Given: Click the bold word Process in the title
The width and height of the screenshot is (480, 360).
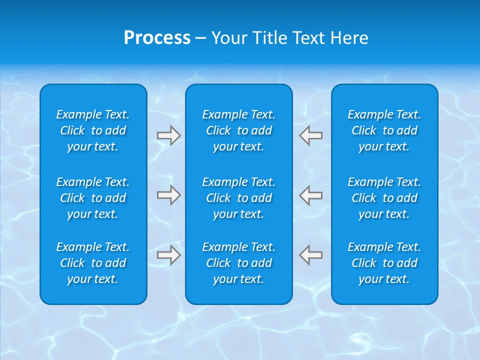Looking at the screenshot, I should [x=157, y=38].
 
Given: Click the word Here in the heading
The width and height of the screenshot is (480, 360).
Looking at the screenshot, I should [x=349, y=38].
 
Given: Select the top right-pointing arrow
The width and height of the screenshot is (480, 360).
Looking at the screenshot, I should [x=168, y=135].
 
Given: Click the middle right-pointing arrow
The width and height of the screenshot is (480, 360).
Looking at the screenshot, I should [x=168, y=195].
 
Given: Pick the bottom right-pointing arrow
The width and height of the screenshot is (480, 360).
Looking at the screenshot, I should [x=168, y=255].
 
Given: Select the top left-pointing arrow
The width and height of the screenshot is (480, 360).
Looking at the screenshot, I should [x=311, y=135].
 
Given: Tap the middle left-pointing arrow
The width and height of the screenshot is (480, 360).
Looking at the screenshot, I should [x=311, y=195].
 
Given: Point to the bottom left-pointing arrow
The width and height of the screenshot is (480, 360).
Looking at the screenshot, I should [x=311, y=255].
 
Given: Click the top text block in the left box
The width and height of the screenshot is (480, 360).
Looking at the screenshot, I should [x=93, y=130].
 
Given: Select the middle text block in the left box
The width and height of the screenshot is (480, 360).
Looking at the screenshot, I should [x=93, y=198].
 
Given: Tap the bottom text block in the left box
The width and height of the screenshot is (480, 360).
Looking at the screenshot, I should [x=93, y=263].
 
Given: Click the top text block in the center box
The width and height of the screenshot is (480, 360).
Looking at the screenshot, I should [x=239, y=130].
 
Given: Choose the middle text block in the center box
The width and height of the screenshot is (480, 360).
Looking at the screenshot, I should [x=239, y=198].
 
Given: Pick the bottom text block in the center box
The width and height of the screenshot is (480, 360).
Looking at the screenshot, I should [x=239, y=263].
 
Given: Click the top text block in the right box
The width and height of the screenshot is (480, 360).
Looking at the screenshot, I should [x=384, y=130].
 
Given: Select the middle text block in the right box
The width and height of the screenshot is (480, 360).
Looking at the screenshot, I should [x=384, y=198].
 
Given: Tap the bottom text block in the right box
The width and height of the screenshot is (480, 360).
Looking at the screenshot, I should [x=384, y=263].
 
